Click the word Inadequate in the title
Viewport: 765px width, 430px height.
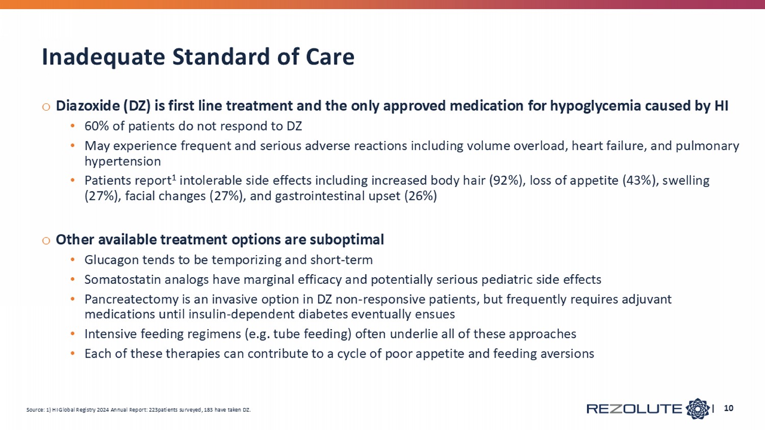point(104,57)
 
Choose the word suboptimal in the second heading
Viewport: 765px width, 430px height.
point(347,239)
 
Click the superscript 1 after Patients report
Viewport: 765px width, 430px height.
point(174,177)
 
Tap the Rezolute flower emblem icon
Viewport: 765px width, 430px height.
point(697,409)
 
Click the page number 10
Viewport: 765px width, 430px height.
point(728,408)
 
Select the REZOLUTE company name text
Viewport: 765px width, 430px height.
point(634,409)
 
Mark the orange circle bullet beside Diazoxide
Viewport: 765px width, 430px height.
point(46,107)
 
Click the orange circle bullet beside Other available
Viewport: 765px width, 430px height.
point(46,240)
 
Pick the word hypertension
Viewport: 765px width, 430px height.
point(122,162)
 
